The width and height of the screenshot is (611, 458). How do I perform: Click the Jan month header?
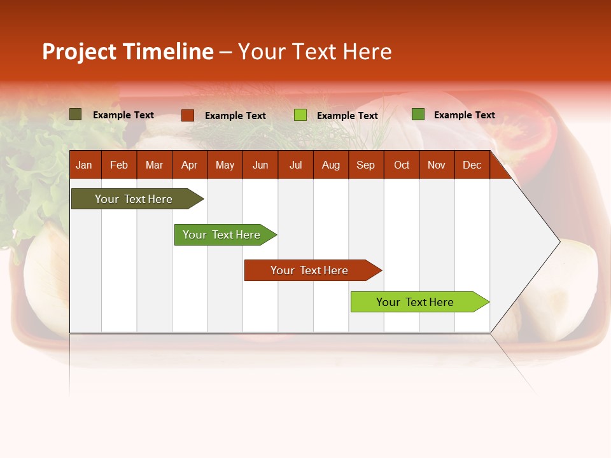point(84,165)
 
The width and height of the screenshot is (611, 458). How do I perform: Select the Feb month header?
point(119,165)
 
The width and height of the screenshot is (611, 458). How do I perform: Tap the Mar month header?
point(154,165)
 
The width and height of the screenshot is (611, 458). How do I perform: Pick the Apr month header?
point(190,165)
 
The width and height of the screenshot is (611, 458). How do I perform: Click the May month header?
point(225,165)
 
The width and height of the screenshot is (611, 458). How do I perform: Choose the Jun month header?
point(260,165)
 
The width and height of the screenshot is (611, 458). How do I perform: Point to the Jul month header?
point(295,165)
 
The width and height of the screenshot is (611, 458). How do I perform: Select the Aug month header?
point(331,165)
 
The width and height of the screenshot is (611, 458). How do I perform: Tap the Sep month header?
point(366,165)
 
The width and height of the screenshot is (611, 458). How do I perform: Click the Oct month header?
point(402,165)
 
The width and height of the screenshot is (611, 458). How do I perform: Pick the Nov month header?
point(437,165)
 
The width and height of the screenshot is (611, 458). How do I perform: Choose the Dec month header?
point(472,165)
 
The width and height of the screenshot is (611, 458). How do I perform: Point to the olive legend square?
point(76,114)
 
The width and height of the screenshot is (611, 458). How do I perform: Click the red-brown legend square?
point(188,115)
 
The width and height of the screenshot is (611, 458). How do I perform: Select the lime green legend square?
point(300,115)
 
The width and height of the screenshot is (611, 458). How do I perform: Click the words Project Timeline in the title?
point(128,52)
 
